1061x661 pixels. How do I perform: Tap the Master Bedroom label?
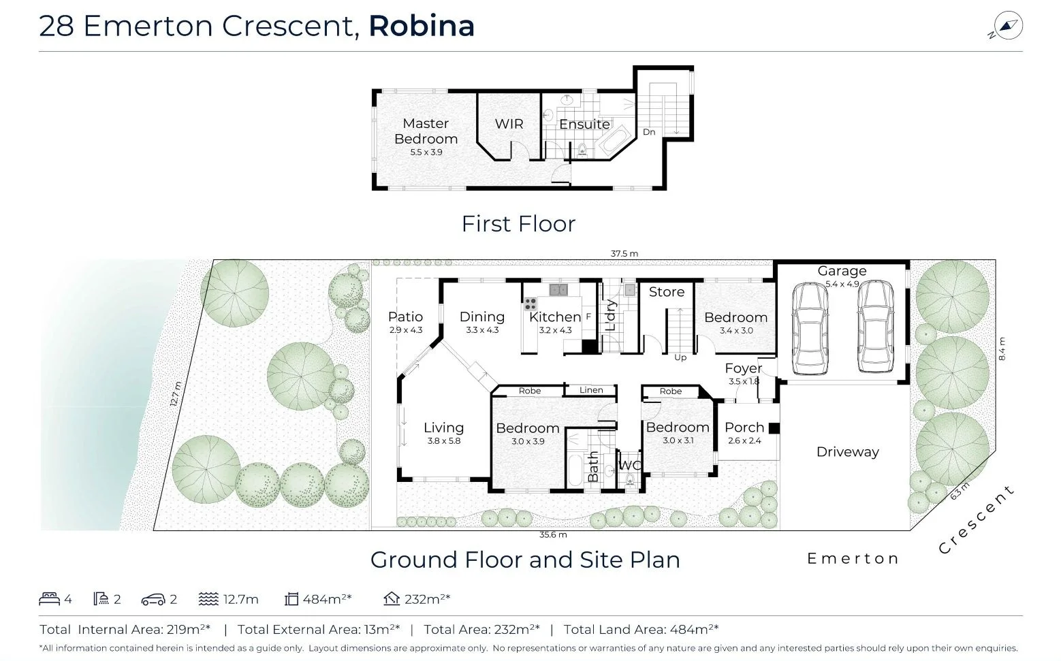tap(426, 131)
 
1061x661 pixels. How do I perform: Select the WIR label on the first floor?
tap(509, 124)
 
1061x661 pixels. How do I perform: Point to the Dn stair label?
tap(649, 132)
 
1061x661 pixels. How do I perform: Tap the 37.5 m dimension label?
tap(624, 254)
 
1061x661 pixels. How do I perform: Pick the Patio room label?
tap(405, 317)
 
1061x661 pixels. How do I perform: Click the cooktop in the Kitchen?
tap(530, 303)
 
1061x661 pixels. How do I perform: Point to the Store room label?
tap(666, 292)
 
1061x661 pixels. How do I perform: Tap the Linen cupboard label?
tap(590, 390)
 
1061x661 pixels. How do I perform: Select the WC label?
tap(629, 466)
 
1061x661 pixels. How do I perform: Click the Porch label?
tap(744, 428)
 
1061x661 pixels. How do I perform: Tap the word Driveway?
tap(847, 452)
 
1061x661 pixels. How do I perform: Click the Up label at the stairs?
tap(680, 357)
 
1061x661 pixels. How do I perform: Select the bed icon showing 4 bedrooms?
tap(49, 599)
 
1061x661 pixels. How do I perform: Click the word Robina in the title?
tap(421, 26)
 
